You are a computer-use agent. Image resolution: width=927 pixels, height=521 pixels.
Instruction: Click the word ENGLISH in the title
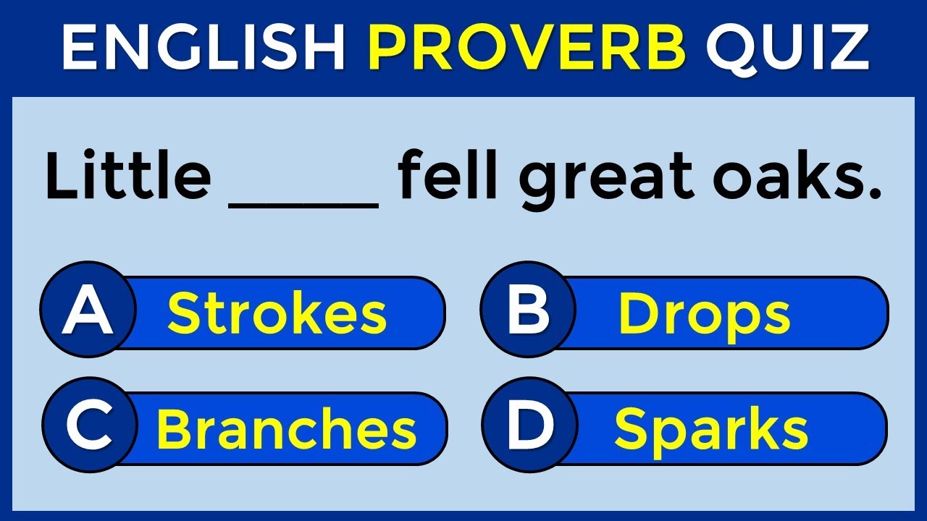204,48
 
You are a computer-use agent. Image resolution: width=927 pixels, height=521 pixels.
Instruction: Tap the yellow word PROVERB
527,48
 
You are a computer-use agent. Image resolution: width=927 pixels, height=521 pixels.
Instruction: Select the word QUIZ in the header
787,48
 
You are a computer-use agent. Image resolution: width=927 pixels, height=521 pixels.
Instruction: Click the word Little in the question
127,178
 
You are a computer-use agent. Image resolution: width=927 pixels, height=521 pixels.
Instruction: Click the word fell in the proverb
448,178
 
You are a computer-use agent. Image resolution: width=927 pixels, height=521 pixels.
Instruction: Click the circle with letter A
88,312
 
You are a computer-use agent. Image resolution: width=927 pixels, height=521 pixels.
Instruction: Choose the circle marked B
528,312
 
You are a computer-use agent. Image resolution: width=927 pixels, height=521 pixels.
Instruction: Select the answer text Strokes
277,314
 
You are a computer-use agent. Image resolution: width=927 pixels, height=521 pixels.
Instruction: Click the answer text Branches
287,429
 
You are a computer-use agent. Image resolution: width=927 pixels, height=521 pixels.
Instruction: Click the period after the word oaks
874,195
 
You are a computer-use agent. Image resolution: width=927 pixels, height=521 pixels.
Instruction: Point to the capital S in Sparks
629,429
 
